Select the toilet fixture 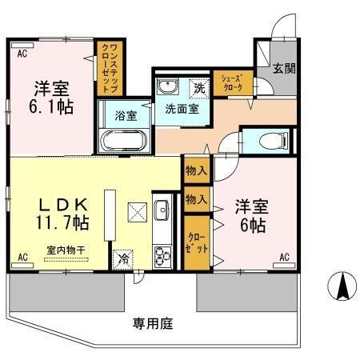click(x=274, y=142)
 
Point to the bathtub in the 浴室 click(x=123, y=141)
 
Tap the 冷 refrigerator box click(x=124, y=259)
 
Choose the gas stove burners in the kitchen click(x=162, y=256)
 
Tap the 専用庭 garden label click(x=153, y=324)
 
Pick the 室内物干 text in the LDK click(x=66, y=249)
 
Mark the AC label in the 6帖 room click(x=284, y=258)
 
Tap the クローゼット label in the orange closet click(x=195, y=243)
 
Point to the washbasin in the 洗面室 click(x=168, y=86)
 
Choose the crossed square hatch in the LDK click(x=137, y=212)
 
